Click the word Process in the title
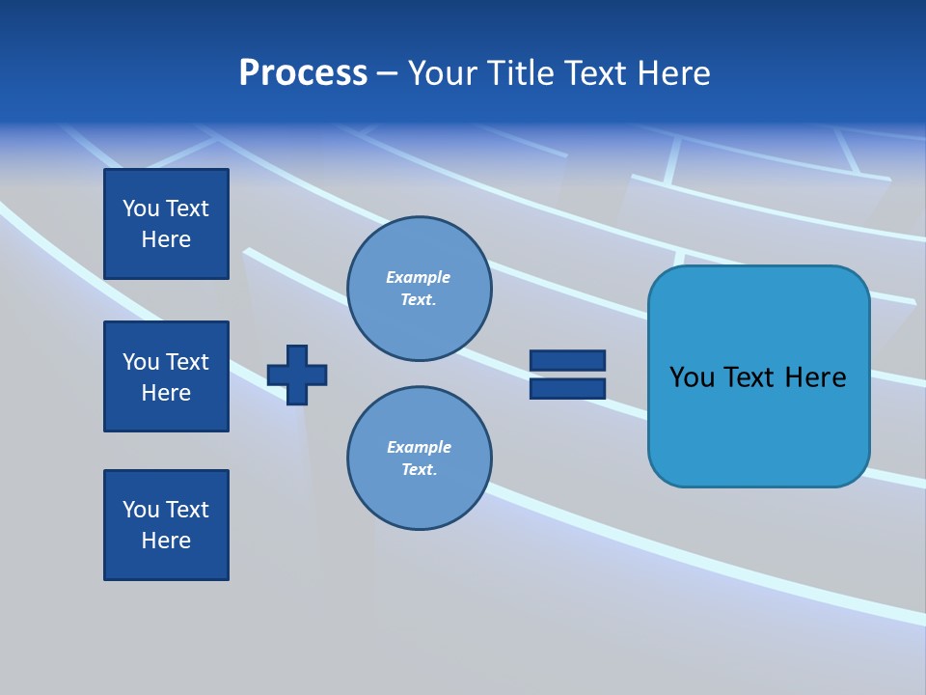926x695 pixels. (x=303, y=73)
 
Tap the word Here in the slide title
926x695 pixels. (x=675, y=73)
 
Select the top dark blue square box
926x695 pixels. (x=166, y=224)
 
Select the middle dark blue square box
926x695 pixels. (x=166, y=376)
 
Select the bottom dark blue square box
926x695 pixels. (x=166, y=525)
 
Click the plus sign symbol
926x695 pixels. (x=297, y=375)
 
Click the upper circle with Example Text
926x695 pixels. (x=420, y=289)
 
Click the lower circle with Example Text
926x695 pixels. (x=420, y=459)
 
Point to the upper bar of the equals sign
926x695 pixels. (x=567, y=360)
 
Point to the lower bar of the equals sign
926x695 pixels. (x=567, y=389)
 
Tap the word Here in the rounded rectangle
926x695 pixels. (x=815, y=377)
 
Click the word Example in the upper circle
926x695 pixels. (x=418, y=277)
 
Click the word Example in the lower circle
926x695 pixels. (x=419, y=447)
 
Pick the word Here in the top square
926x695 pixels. (x=166, y=239)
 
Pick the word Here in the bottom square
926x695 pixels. (x=166, y=541)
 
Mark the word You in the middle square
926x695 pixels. (x=140, y=362)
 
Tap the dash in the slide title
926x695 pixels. (x=388, y=73)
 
